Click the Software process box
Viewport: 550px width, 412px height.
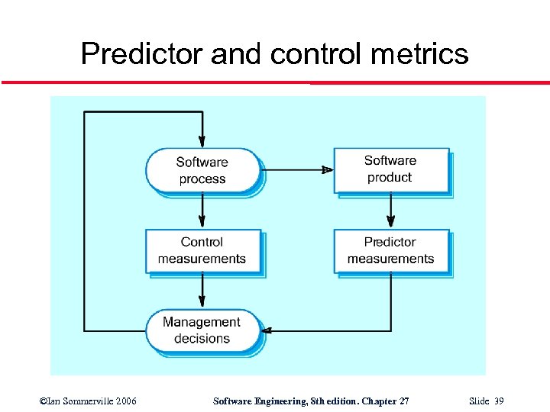(202, 170)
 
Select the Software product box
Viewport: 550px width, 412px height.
(390, 169)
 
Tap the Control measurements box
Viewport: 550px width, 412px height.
(202, 250)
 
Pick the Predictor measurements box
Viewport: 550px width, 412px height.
(390, 250)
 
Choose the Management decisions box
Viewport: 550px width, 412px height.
(202, 330)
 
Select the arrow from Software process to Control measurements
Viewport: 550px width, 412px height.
(202, 210)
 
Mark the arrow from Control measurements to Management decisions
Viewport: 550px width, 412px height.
(202, 290)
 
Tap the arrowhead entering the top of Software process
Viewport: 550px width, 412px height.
(202, 142)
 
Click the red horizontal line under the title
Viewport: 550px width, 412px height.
(275, 82)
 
